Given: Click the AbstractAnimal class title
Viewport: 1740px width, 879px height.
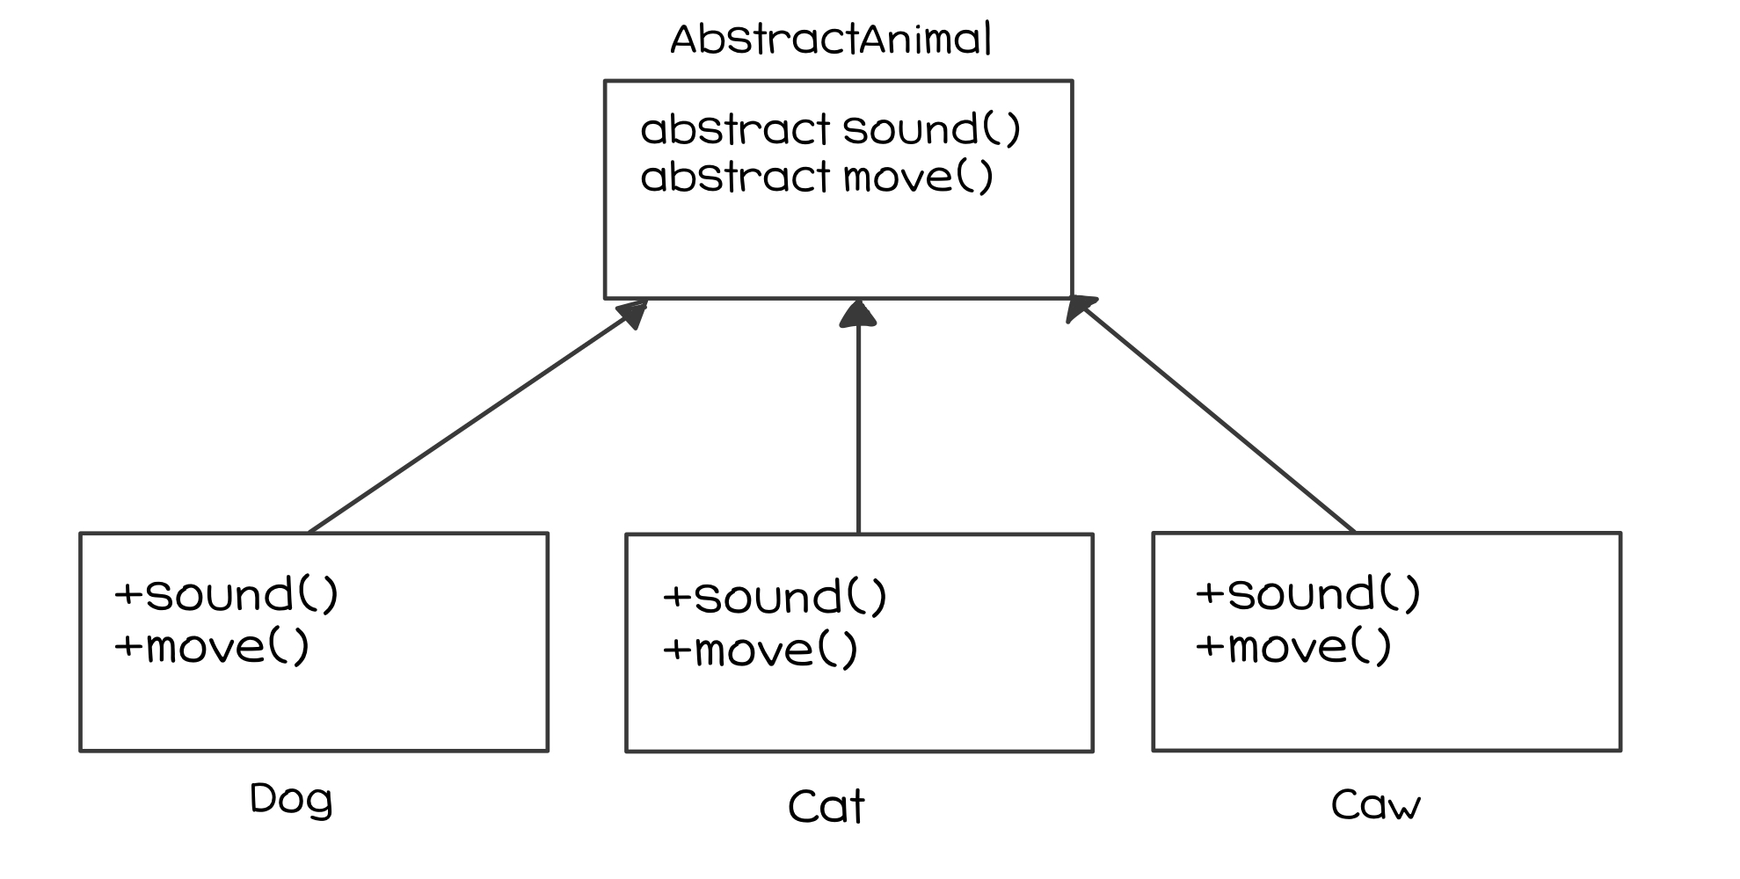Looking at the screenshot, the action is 831,40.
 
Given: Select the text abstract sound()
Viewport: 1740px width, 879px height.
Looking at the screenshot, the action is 831,129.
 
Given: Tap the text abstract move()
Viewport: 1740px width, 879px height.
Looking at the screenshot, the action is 817,177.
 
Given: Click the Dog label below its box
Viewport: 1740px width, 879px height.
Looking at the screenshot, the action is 291,800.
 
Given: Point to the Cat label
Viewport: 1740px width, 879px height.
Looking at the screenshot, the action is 826,806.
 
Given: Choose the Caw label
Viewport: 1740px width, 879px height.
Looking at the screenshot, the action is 1375,804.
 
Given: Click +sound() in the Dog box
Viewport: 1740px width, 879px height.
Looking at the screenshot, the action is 227,595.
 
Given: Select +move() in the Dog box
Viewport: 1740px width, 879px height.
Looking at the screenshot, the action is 213,648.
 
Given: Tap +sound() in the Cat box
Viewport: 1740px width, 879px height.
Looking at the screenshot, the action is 775,598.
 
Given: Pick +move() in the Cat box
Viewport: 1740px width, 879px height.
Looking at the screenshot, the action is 761,650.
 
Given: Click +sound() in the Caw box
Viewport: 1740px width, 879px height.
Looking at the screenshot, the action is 1308,594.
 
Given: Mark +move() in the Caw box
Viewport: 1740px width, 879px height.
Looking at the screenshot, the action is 1294,647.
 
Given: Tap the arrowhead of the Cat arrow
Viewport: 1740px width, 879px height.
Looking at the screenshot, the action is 858,313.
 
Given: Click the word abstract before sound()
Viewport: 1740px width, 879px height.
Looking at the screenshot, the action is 735,129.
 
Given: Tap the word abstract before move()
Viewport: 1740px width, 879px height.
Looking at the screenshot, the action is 735,177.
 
